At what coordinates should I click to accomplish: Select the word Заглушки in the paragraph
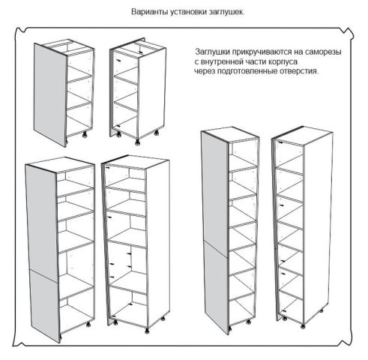(212, 52)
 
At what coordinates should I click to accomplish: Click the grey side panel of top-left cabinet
(50, 95)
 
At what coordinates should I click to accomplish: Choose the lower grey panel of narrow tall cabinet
(217, 287)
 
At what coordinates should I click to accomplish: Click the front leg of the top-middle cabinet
(138, 142)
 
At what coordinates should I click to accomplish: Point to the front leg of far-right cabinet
(303, 326)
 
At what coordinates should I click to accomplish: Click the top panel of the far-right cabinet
(302, 136)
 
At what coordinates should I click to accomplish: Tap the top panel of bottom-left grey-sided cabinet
(60, 165)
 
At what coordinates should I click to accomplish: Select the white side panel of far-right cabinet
(319, 227)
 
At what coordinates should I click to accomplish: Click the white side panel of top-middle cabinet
(152, 94)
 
